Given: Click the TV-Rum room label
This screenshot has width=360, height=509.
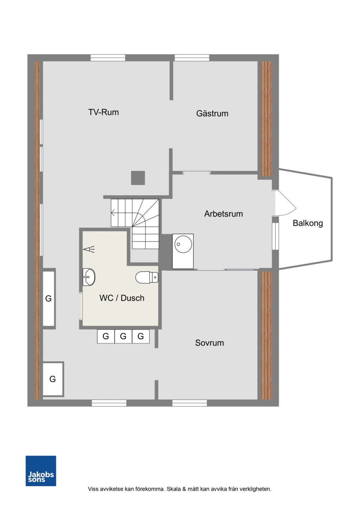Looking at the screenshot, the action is click(103, 112).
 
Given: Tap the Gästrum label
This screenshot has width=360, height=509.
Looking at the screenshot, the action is click(212, 114).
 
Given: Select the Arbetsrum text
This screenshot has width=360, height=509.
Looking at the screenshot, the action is click(223, 214).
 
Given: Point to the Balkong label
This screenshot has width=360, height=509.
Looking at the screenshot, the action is click(308, 223).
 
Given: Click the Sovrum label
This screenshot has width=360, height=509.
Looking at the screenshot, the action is click(209, 343).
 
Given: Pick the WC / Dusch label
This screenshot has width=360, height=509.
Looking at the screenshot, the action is click(122, 298).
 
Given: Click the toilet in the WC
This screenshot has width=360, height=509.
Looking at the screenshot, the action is click(147, 277).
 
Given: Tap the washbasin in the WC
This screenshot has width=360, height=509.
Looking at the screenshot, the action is click(89, 277).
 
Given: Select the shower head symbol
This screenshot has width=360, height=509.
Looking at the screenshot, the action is click(89, 250).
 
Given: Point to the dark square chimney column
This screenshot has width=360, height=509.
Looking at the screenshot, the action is click(138, 178).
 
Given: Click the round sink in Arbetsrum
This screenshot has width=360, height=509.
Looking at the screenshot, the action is click(183, 244).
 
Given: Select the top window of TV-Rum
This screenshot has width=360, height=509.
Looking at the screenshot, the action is click(108, 58).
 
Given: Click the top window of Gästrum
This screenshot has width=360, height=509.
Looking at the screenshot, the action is click(192, 58).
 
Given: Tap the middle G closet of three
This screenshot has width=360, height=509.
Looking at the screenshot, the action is click(123, 336).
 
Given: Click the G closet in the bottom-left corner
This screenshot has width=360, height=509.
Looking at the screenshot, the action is click(53, 379).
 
